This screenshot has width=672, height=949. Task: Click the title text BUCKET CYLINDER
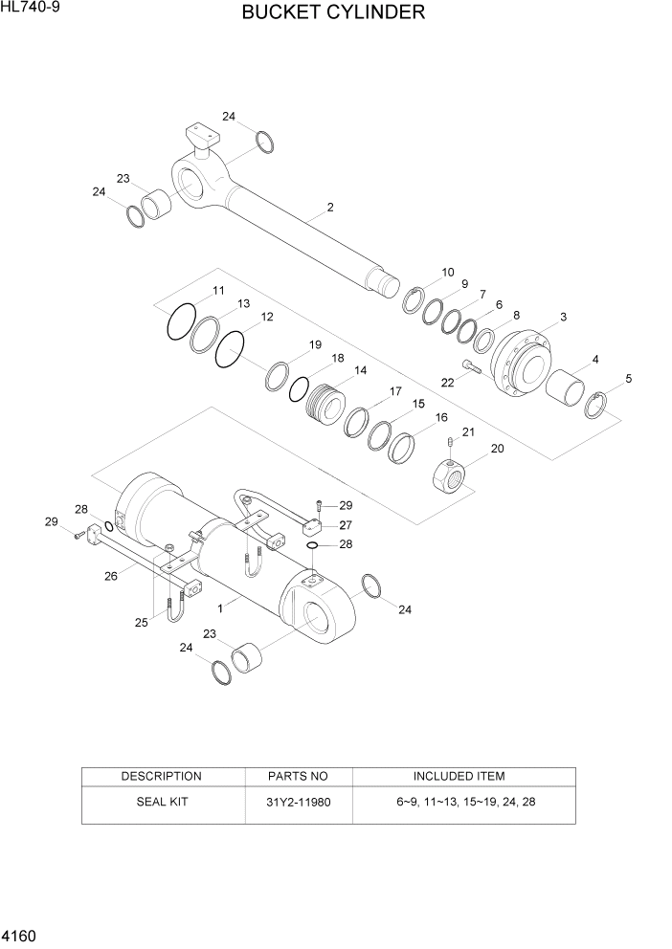[x=333, y=13]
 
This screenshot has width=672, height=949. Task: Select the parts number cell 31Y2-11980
[x=299, y=802]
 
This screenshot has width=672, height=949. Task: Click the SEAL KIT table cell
[x=161, y=802]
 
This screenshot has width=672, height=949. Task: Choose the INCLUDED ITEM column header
[x=459, y=776]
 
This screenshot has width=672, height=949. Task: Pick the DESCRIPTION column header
[x=161, y=776]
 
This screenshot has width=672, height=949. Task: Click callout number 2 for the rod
[x=329, y=208]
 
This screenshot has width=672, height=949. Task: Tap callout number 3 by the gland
[x=563, y=317]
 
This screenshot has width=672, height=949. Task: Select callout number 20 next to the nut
[x=497, y=449]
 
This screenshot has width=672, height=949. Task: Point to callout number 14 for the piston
[x=360, y=370]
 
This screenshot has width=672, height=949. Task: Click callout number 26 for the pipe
[x=110, y=576]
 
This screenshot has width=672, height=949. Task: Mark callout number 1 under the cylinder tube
[x=221, y=607]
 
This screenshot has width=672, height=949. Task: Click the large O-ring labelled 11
[x=181, y=322]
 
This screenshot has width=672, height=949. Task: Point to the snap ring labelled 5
[x=597, y=406]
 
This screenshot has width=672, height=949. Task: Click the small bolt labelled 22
[x=467, y=365]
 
